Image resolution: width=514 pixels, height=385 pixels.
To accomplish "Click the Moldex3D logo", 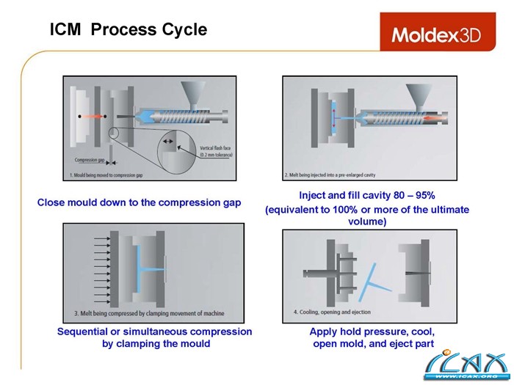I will (436, 34).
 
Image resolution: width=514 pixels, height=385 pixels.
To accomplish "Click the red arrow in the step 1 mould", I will (91, 117).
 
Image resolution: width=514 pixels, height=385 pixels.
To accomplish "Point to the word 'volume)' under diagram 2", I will (367, 221).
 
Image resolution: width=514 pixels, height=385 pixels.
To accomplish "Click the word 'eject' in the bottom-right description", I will (397, 343).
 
